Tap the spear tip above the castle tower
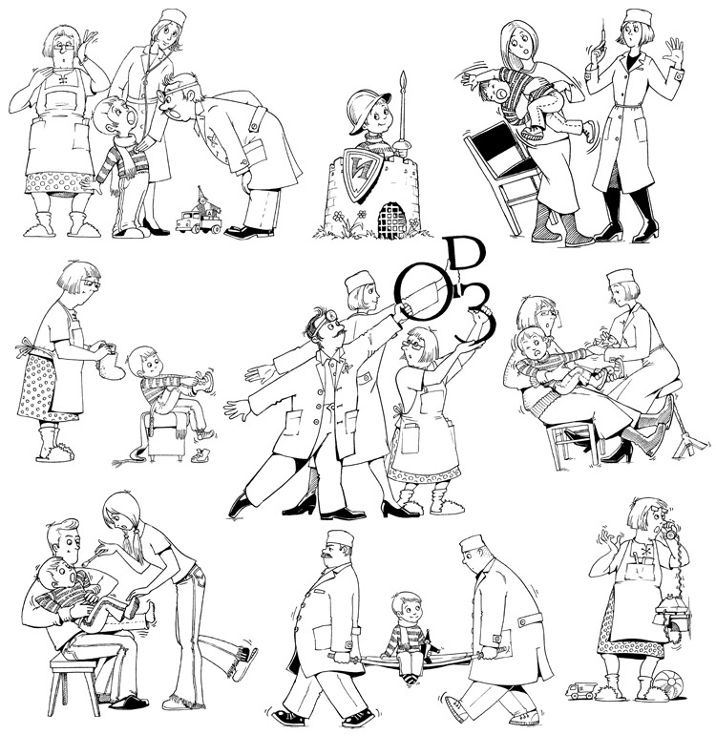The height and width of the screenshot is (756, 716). (x=404, y=83)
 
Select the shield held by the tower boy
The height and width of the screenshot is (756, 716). (x=364, y=174)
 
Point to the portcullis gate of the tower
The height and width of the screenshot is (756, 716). (x=392, y=219)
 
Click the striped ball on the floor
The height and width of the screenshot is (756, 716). (x=666, y=683)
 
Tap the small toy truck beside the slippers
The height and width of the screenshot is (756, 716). (x=580, y=691)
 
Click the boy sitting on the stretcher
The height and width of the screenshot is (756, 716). (x=405, y=636)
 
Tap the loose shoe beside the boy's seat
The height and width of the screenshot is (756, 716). (x=200, y=455)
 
